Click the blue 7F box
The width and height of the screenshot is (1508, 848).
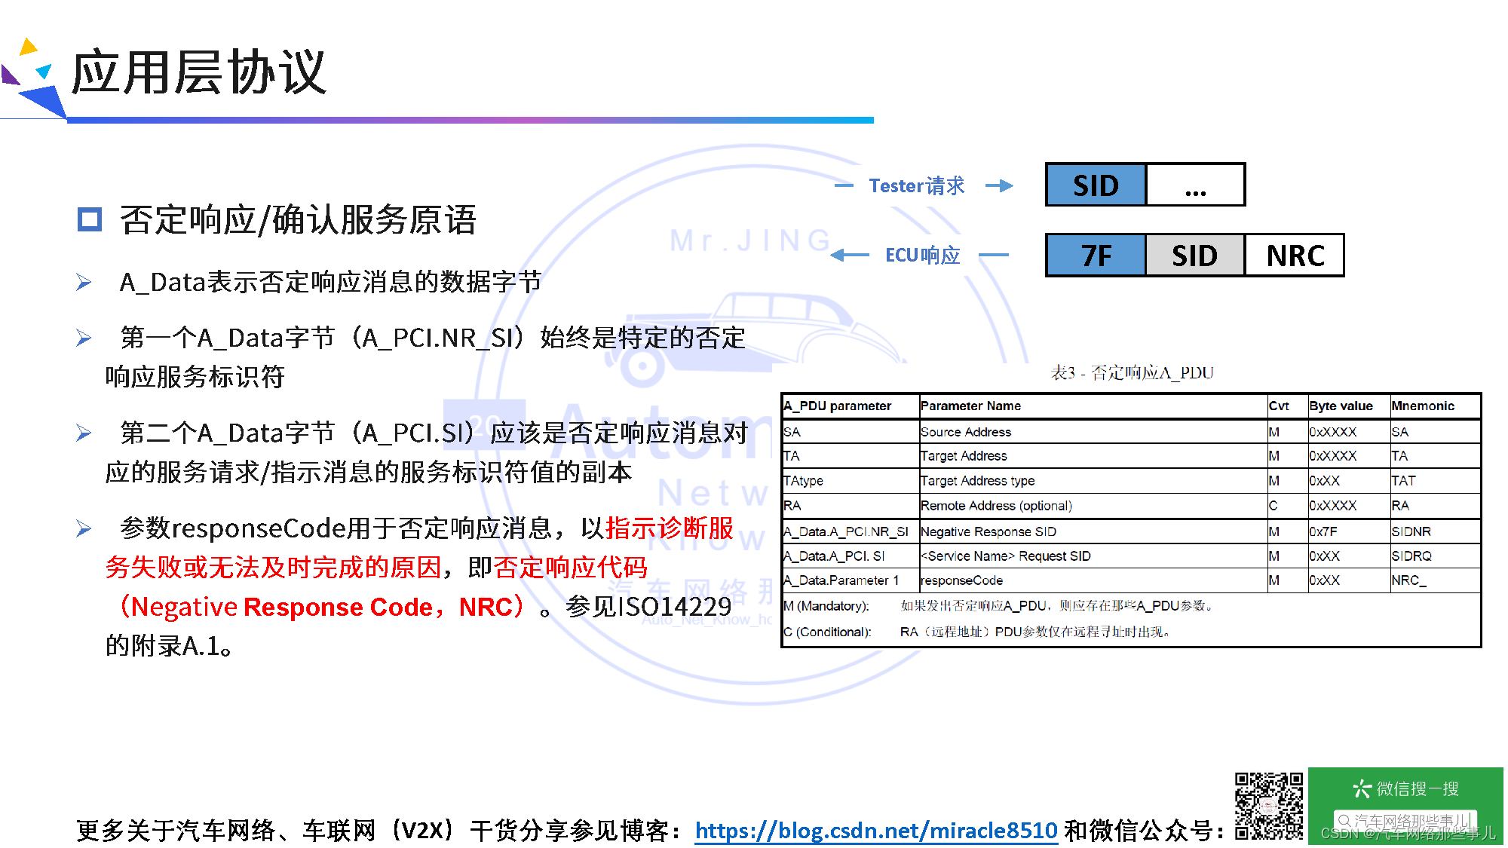[x=1096, y=256]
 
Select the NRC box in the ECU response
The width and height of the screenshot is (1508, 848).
[x=1295, y=256]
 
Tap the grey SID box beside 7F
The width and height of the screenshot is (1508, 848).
[x=1194, y=256]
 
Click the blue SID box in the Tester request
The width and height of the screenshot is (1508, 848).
[x=1096, y=185]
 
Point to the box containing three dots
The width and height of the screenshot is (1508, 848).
[x=1195, y=185]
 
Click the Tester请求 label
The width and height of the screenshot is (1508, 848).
[x=916, y=185]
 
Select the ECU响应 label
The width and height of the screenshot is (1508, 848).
[x=922, y=256]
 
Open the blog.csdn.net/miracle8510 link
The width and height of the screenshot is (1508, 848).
[x=876, y=830]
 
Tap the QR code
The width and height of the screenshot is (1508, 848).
[x=1268, y=806]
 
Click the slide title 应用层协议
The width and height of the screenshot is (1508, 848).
[x=199, y=72]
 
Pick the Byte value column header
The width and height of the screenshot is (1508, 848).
[x=1341, y=406]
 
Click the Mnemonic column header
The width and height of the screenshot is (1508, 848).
[x=1422, y=406]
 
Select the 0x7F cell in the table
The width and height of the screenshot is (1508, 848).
[x=1323, y=531]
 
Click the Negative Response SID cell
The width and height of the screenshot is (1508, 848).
[x=988, y=531]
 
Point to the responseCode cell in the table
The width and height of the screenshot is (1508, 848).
[x=961, y=580]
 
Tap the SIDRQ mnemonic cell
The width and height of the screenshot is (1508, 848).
[x=1411, y=556]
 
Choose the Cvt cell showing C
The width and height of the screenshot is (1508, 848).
[x=1274, y=506]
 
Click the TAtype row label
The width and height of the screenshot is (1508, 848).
[x=803, y=481]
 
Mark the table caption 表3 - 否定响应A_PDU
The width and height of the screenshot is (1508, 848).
[x=1132, y=372]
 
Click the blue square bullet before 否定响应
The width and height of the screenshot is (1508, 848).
[x=90, y=219]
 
